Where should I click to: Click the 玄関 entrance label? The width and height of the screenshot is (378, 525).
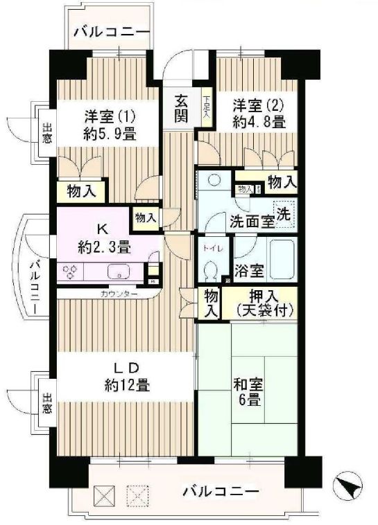(180, 108)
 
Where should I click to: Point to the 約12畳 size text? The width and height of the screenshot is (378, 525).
(126, 384)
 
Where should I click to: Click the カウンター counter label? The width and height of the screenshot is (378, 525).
(119, 294)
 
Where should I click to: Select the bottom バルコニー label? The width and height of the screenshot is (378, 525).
(221, 492)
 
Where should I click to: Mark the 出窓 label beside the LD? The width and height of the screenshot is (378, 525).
(47, 404)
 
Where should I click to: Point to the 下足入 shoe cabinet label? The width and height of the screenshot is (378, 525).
(207, 110)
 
